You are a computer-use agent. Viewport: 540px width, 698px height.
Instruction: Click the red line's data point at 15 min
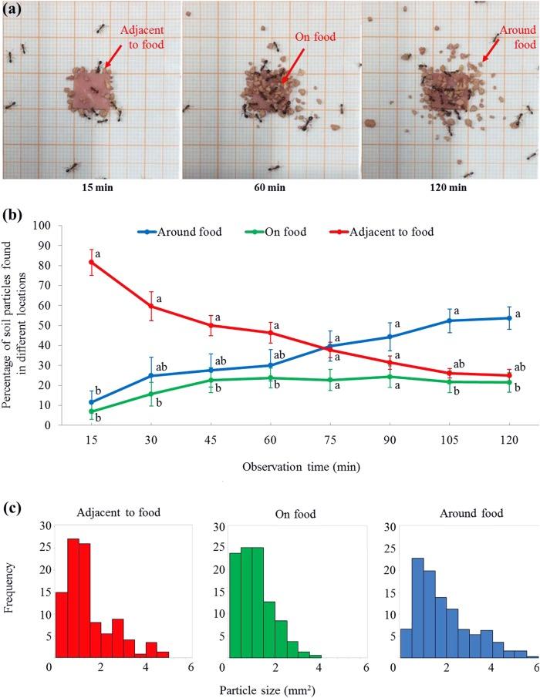pos(92,262)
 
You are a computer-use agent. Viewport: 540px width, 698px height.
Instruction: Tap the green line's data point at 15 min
pos(92,411)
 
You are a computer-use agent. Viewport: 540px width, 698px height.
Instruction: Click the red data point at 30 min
pos(151,306)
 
